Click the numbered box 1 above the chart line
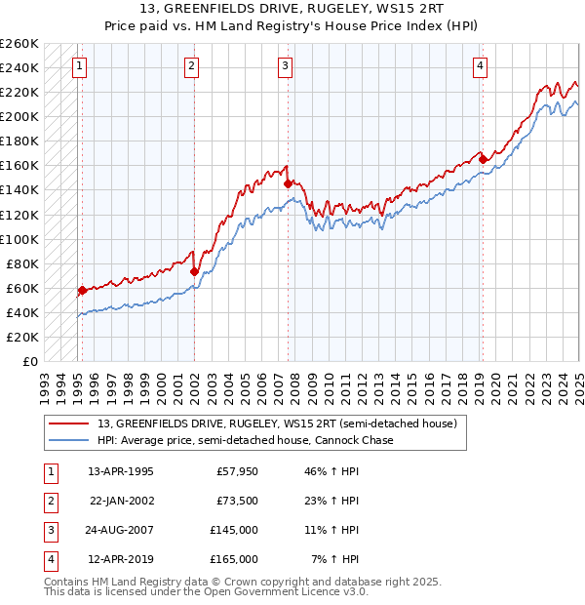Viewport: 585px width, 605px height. [x=78, y=66]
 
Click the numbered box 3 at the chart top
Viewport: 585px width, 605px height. [x=285, y=66]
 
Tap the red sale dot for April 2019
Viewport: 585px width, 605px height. [x=483, y=160]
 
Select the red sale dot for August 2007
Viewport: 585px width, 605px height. [x=288, y=183]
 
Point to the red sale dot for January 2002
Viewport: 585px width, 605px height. [x=194, y=271]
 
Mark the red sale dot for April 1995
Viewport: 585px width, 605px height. [x=82, y=290]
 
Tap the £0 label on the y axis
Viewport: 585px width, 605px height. [x=29, y=361]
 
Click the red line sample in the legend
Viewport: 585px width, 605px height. [x=68, y=423]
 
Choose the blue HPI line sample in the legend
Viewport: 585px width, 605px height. [x=68, y=440]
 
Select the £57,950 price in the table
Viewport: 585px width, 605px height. [x=237, y=471]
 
